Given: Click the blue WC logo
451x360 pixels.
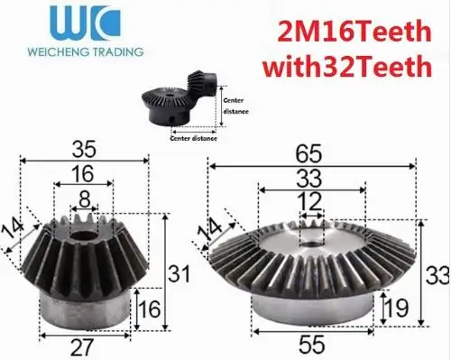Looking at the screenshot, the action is [85, 23].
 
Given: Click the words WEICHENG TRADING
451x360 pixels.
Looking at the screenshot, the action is [86, 51].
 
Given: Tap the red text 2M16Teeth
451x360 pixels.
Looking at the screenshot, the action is [354, 32].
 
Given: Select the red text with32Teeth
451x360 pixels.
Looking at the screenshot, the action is [347, 66].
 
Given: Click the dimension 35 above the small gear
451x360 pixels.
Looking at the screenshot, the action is [84, 149].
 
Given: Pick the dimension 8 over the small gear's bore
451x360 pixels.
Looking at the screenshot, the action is [85, 199].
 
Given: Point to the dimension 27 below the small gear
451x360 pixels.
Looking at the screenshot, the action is [82, 347].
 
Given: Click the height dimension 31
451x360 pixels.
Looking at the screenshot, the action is [179, 273].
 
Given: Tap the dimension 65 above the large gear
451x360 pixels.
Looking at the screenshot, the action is [308, 153].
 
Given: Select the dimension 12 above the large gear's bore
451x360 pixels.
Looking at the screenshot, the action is [309, 202].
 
